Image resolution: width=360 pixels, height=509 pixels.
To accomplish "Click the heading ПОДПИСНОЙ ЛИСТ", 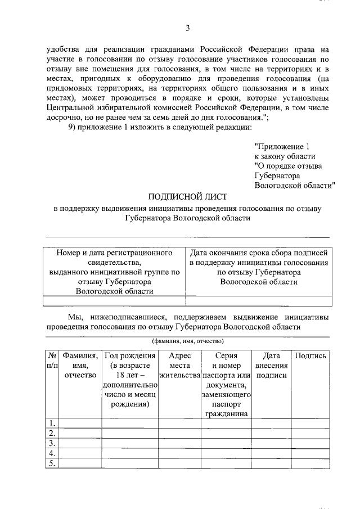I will (187, 196).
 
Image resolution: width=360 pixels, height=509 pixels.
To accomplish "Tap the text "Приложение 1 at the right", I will (282, 146).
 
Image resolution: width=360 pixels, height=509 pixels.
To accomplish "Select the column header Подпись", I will (310, 355).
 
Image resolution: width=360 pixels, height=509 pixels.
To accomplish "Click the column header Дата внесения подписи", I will (272, 366).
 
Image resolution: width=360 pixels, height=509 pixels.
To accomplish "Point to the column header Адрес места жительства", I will (180, 366).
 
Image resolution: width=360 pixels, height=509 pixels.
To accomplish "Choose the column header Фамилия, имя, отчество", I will (81, 366).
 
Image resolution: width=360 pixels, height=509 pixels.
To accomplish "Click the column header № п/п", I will (52, 361).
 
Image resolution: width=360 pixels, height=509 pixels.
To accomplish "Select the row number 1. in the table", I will (52, 423).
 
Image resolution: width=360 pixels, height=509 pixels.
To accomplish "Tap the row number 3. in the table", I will (52, 443).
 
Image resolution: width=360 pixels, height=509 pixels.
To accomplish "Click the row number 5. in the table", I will (52, 463).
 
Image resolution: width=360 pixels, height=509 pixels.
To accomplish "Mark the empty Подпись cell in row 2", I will (310, 433).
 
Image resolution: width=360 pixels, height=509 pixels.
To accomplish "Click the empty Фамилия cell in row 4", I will (81, 453).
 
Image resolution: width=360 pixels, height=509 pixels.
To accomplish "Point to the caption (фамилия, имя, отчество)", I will (187, 341).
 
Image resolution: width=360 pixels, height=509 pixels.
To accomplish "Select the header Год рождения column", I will (130, 381).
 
